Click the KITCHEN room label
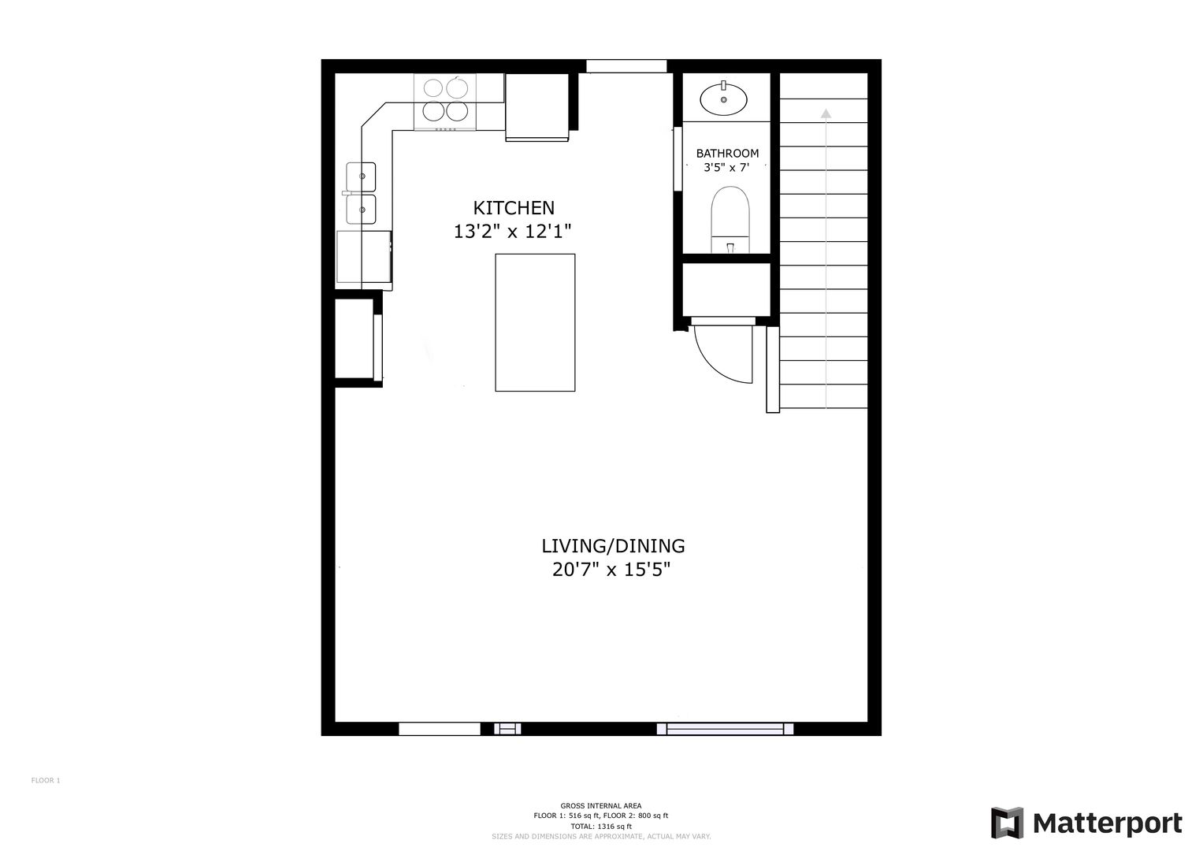(514, 208)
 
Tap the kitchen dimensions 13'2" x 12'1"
(512, 232)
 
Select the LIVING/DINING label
(613, 546)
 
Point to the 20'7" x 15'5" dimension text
(611, 570)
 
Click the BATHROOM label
(727, 154)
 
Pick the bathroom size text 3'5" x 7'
(726, 168)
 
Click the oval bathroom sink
(723, 98)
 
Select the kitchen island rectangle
(535, 322)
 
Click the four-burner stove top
(444, 102)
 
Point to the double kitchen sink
(360, 193)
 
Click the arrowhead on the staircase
(826, 113)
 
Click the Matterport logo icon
(1007, 823)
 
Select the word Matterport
(1108, 823)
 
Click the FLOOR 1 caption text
(46, 780)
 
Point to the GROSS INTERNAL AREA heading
(601, 805)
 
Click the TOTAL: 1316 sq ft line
(601, 827)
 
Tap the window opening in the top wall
(626, 66)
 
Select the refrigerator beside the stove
(537, 107)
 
